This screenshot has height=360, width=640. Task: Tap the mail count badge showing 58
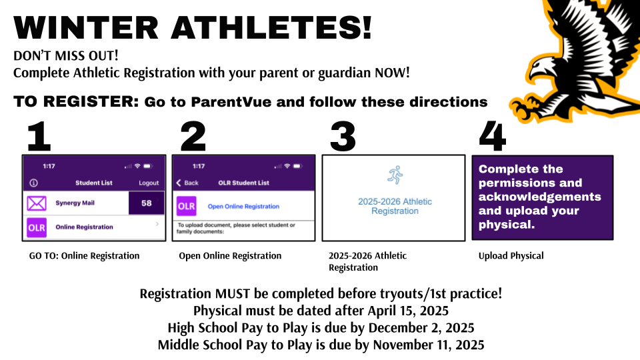tap(147, 203)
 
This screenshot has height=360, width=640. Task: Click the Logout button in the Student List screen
tap(149, 183)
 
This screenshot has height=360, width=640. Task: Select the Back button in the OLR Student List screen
tap(187, 183)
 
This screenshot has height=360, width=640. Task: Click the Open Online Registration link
tap(243, 207)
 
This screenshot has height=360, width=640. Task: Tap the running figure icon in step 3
tap(394, 175)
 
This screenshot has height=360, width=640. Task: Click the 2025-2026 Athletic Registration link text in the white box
tap(395, 206)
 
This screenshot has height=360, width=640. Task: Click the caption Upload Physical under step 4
tap(501, 255)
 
